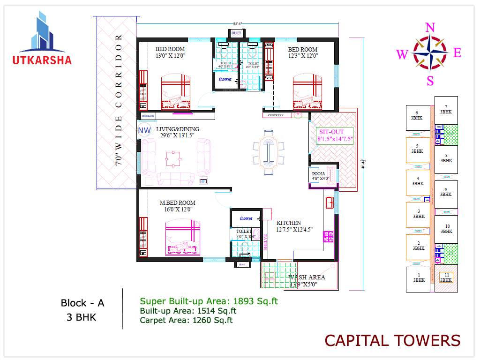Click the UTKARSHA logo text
point(42,60)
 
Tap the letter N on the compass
point(430,28)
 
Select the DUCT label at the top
point(236,33)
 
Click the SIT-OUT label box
point(335,135)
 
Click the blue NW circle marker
point(144,130)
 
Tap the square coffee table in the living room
point(172,159)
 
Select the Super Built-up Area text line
point(209,301)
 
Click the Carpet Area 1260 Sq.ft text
point(186,321)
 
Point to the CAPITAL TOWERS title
point(392,340)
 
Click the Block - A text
point(82,303)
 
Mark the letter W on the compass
point(402,55)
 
